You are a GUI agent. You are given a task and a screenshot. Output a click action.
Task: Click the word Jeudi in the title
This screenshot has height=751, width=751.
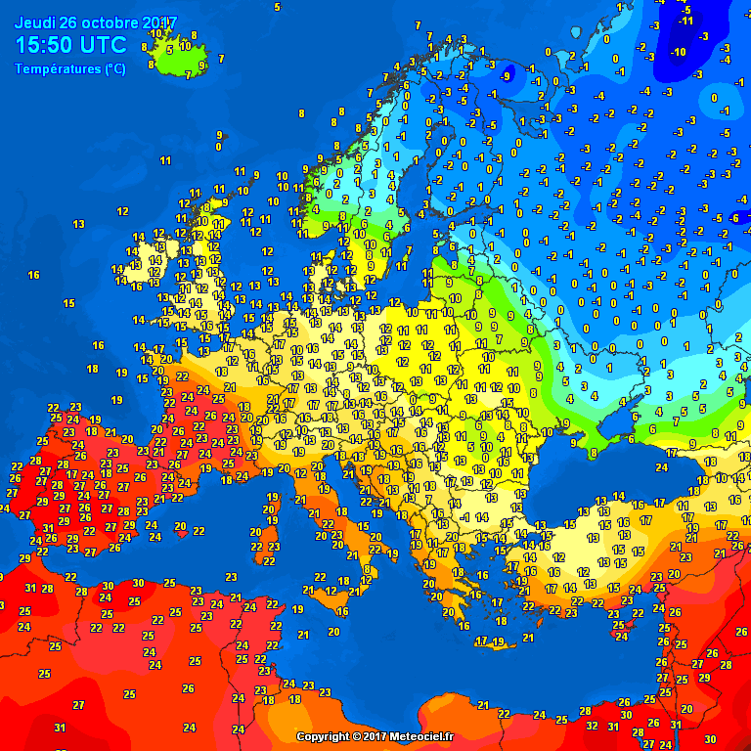(x=33, y=22)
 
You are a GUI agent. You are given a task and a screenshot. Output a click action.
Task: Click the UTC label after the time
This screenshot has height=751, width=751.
(x=102, y=45)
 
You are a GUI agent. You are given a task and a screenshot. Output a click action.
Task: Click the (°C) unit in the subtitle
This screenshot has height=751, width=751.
(x=114, y=69)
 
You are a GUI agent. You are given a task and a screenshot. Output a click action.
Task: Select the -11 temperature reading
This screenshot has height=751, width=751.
(x=686, y=21)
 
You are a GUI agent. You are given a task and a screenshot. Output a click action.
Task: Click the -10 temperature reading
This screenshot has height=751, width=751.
(x=679, y=51)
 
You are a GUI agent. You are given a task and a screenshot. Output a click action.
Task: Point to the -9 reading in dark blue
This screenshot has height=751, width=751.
(x=506, y=75)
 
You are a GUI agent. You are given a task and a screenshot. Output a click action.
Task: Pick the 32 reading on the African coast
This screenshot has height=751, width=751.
(x=591, y=726)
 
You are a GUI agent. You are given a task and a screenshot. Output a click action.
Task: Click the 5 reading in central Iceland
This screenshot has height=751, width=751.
(x=169, y=49)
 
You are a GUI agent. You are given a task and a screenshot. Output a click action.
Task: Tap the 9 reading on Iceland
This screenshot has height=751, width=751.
(x=202, y=66)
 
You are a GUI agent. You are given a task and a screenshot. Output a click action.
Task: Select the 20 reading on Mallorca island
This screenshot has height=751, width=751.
(x=180, y=526)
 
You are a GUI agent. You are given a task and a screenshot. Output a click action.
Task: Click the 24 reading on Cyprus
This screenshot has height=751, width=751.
(x=620, y=636)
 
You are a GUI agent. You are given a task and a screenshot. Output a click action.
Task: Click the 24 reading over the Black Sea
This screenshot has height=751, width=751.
(x=661, y=467)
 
